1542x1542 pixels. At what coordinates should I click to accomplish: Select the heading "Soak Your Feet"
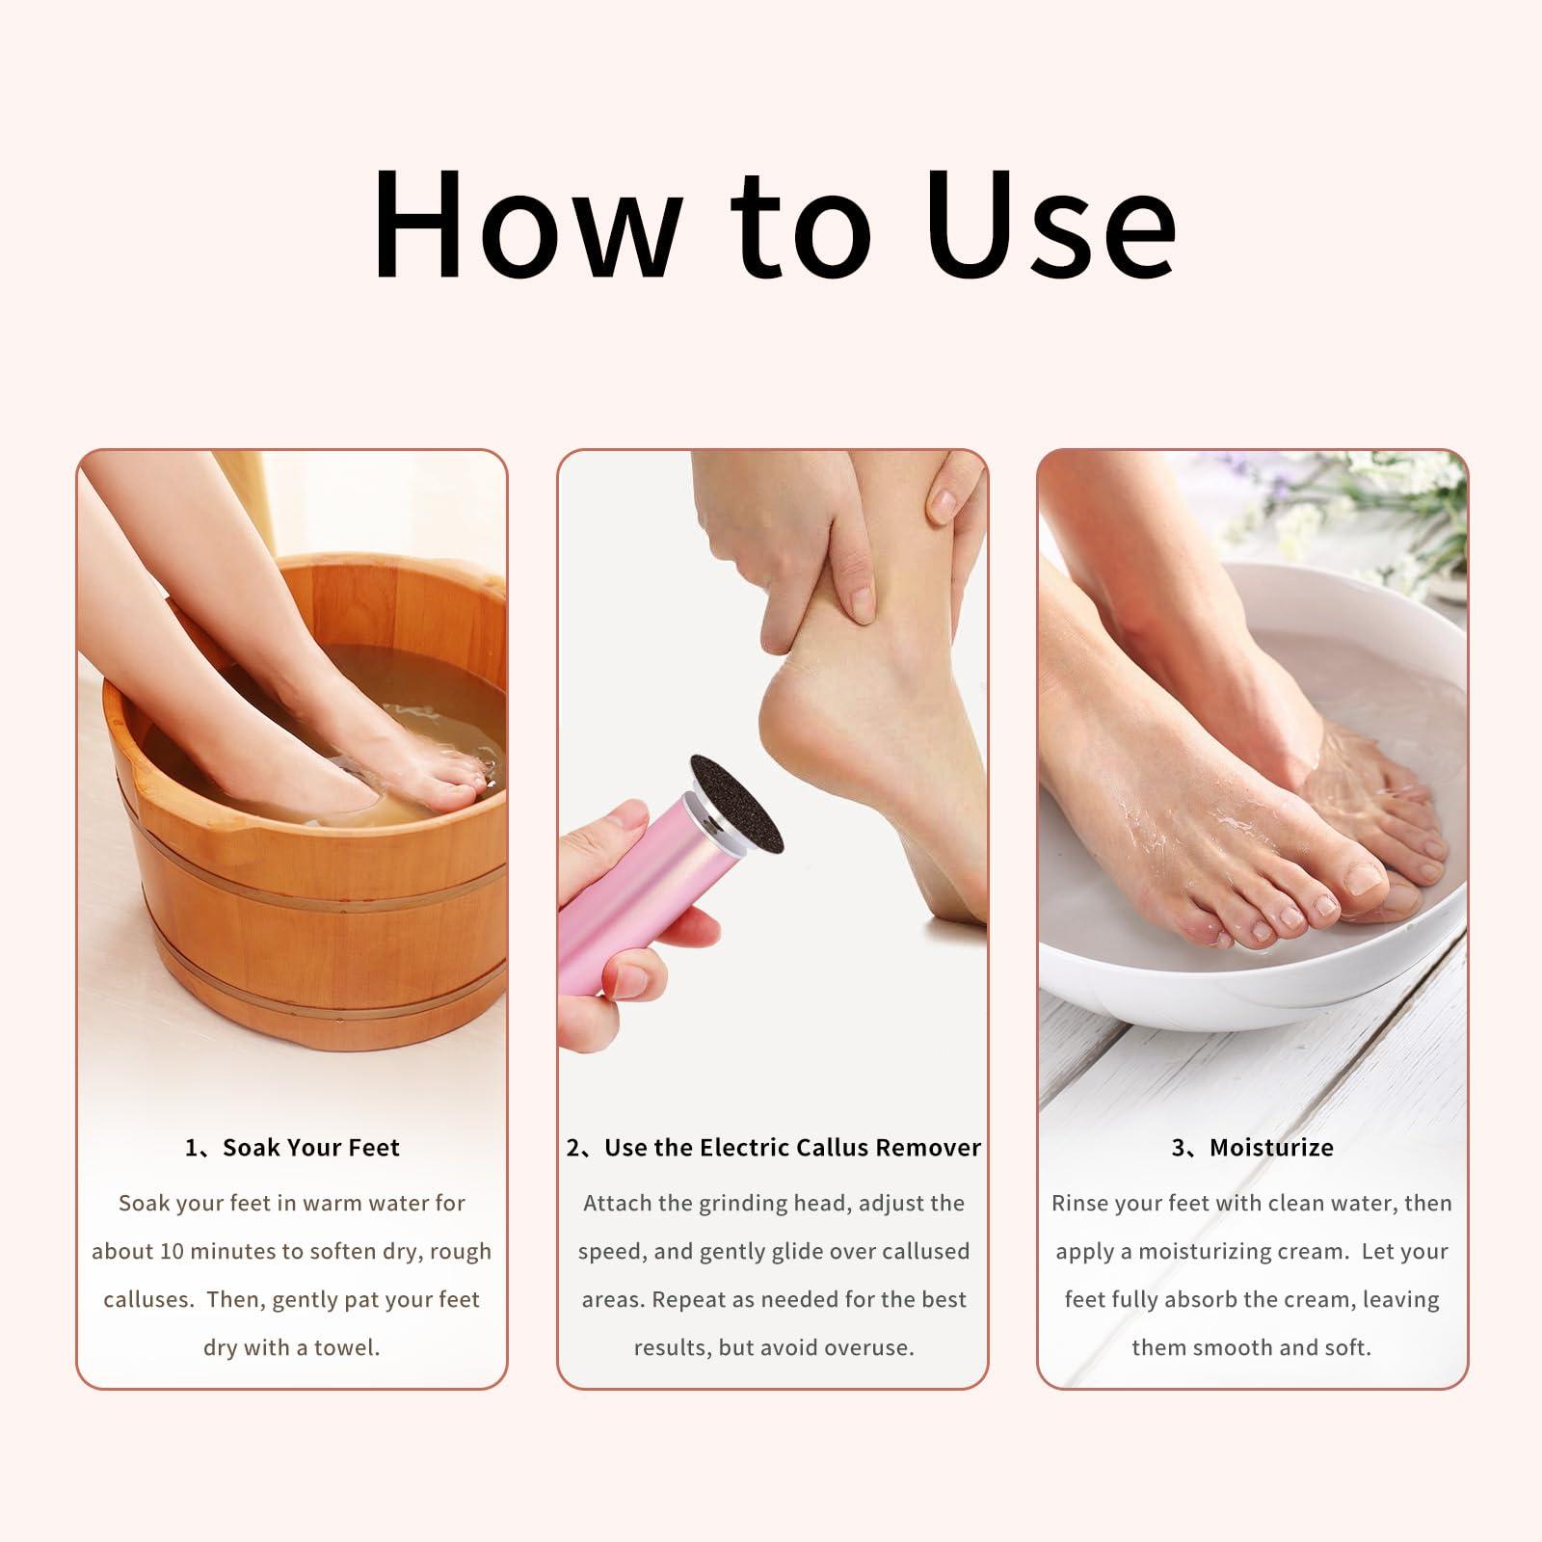[310, 1147]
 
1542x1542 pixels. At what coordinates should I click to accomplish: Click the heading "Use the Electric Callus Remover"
[791, 1147]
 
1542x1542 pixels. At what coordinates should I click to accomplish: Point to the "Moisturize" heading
[1271, 1147]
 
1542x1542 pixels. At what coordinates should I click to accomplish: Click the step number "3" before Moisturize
[1179, 1147]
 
